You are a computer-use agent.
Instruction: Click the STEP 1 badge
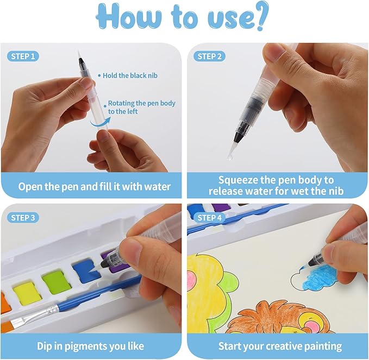(x=23, y=56)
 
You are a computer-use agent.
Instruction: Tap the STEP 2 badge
(x=209, y=56)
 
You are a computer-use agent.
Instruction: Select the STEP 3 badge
(x=23, y=218)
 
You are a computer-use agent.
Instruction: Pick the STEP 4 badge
(x=209, y=218)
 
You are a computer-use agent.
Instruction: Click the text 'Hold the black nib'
(x=130, y=75)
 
